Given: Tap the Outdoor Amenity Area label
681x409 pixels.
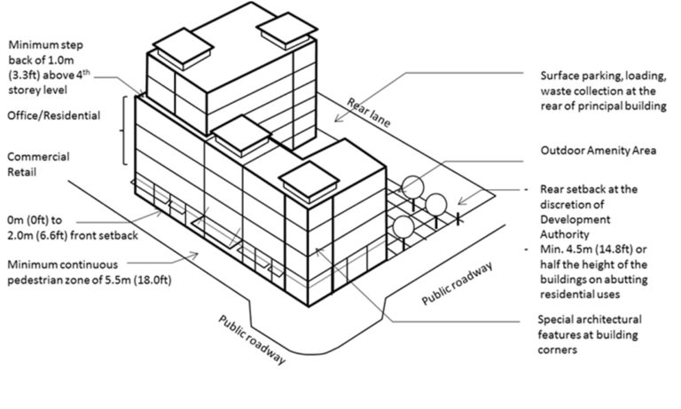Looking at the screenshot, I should (599, 151).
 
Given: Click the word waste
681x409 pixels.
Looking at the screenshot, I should (557, 91).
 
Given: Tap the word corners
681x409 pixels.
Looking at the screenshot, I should (560, 350).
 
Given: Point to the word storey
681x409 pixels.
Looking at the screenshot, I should (24, 90).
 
